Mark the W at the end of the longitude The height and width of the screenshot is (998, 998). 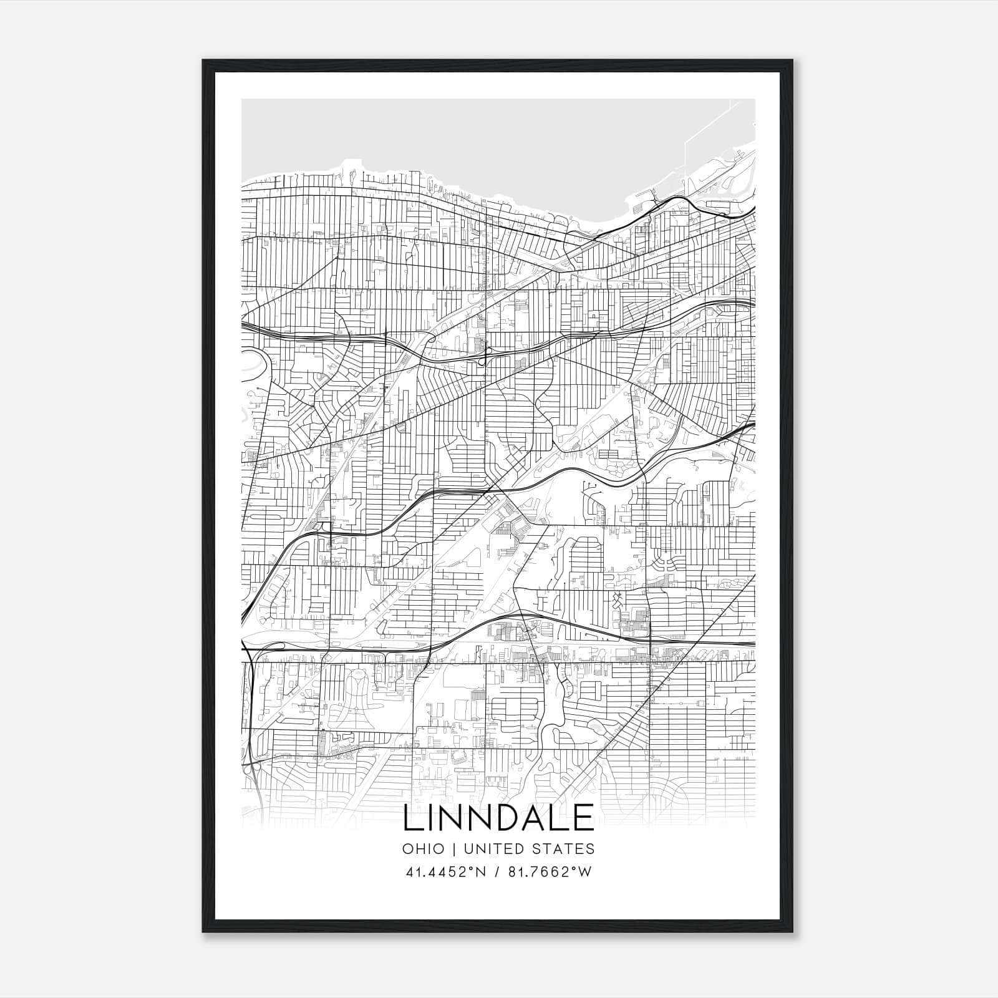(584, 872)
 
